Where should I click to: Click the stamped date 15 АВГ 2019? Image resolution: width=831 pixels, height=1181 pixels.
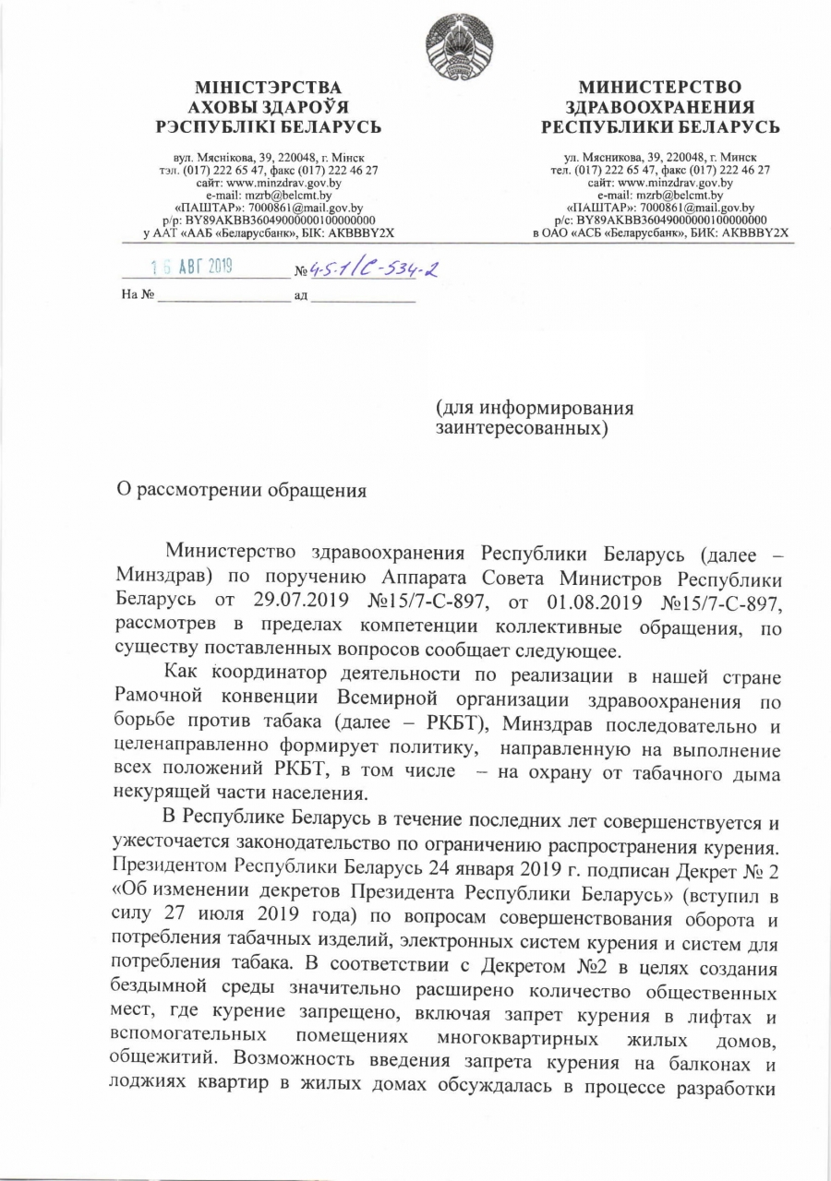[192, 268]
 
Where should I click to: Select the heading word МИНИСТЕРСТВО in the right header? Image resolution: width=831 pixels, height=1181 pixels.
[660, 88]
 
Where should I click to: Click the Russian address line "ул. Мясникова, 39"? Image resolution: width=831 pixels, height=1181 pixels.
[660, 159]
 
